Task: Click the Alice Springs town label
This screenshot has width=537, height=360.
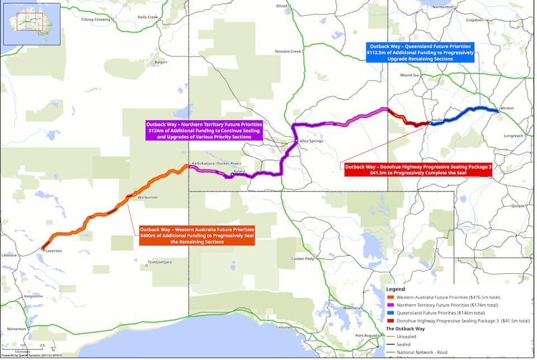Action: [x=312, y=141]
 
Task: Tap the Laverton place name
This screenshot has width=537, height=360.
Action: [x=53, y=251]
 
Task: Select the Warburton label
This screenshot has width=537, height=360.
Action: [x=148, y=197]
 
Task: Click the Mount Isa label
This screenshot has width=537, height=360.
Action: [x=409, y=75]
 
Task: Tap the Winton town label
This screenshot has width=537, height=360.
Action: [x=507, y=108]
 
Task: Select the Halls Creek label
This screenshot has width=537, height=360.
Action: [x=148, y=17]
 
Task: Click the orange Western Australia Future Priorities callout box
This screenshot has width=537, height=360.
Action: [x=197, y=235]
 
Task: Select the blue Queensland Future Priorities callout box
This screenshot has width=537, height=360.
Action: [x=420, y=52]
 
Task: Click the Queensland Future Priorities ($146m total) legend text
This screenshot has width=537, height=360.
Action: [x=444, y=313]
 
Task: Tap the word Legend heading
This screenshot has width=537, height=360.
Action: [x=395, y=289]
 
